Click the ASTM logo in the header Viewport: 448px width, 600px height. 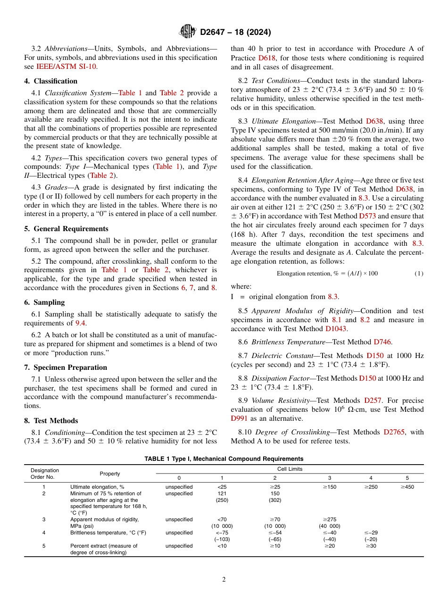(x=188, y=32)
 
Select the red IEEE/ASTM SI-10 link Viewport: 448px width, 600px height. (x=66, y=67)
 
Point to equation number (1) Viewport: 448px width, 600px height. (x=419, y=274)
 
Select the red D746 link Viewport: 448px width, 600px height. (x=382, y=342)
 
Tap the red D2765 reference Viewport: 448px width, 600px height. (x=394, y=432)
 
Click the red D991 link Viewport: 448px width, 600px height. (x=240, y=418)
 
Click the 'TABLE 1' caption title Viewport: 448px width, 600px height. (x=224, y=459)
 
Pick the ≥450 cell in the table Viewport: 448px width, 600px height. (x=407, y=487)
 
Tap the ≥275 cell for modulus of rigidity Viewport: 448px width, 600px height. (x=330, y=519)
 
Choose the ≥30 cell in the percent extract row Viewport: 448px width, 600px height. (x=370, y=546)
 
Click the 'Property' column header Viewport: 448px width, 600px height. (x=110, y=474)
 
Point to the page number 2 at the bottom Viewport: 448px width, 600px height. (x=224, y=580)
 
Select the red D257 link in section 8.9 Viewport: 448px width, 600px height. (x=372, y=400)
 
